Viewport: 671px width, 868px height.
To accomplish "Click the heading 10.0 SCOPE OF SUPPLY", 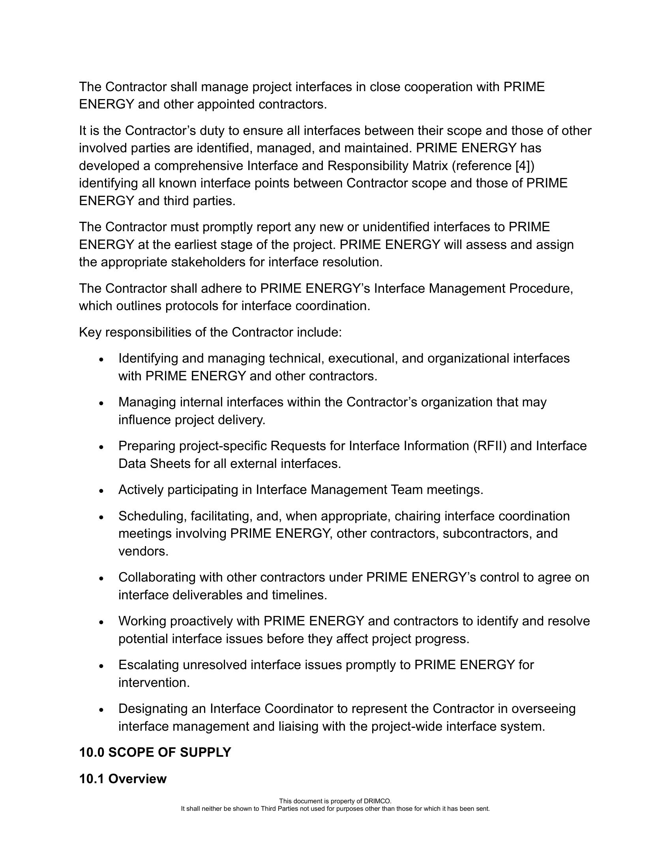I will [x=155, y=752].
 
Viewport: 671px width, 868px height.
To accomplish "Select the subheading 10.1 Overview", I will [x=123, y=778].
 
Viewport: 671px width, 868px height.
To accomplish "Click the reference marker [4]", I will [x=522, y=166].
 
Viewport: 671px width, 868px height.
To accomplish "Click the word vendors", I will [x=143, y=551].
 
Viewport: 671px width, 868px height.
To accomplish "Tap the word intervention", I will [x=154, y=683].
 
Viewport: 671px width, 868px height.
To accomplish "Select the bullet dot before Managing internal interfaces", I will [x=102, y=403].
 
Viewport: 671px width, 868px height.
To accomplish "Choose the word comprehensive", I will [x=199, y=166].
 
